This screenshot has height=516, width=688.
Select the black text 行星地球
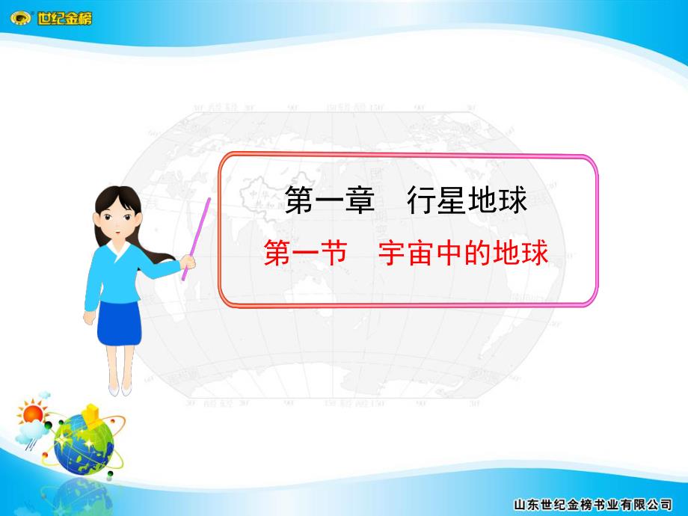[467, 200]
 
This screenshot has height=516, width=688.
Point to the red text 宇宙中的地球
[463, 254]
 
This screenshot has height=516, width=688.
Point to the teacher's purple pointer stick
[197, 232]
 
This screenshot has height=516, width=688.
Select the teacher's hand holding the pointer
[188, 262]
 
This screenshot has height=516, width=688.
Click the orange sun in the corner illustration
[31, 412]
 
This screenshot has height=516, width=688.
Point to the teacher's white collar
[116, 247]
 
